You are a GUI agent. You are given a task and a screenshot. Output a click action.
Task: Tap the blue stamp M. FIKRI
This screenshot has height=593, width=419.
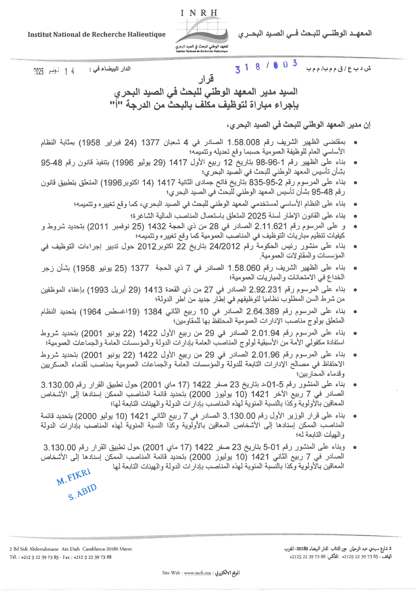[x=74, y=477]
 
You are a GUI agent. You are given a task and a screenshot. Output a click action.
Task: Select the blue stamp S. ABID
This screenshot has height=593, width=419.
[x=82, y=492]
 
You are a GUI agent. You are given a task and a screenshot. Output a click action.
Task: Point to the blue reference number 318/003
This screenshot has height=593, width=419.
[x=266, y=66]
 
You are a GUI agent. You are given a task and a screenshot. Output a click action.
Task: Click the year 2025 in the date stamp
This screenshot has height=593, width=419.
[x=39, y=71]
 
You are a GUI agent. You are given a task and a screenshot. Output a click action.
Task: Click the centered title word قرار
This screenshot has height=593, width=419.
[x=206, y=79]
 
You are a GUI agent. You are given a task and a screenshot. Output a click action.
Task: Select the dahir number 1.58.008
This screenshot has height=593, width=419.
[x=243, y=142]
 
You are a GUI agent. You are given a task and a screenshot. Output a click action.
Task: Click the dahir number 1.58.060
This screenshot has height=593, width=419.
[x=244, y=268]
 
